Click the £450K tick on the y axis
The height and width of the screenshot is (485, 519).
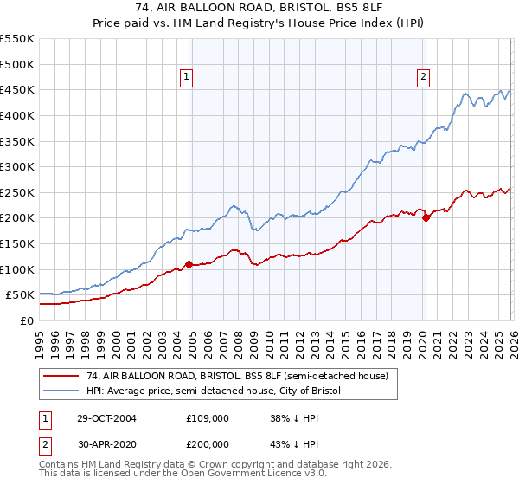pos(17,89)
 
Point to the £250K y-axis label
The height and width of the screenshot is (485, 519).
pos(17,192)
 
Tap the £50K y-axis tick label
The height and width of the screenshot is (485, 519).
pos(21,295)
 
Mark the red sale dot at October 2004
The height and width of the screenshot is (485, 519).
pos(189,264)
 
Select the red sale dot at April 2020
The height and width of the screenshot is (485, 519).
pos(426,218)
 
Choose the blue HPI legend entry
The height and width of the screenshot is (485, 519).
pos(214,391)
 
